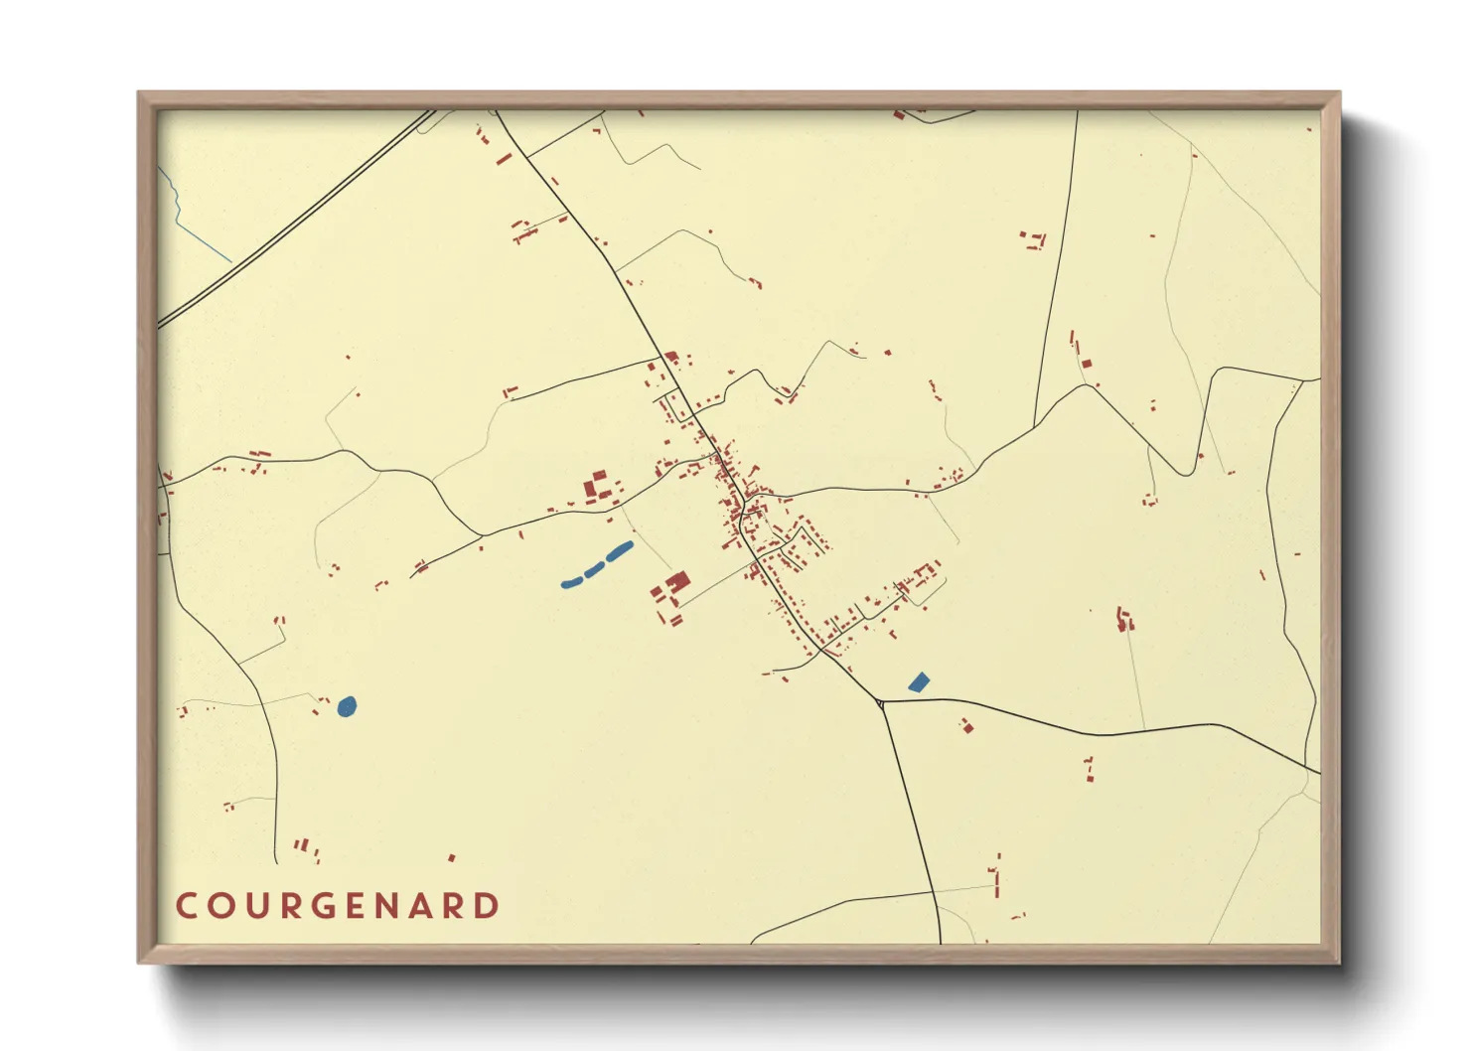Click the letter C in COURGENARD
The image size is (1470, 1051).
coord(186,906)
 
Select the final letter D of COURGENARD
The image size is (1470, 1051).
coord(487,906)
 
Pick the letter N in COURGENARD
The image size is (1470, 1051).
coord(393,906)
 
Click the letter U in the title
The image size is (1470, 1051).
coord(256,906)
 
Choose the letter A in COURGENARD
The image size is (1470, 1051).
coord(424,906)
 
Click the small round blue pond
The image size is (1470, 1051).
coord(347,706)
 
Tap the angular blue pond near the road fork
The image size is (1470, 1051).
coord(919,681)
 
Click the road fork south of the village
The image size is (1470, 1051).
coord(881,702)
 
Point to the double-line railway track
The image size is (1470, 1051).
coord(298,219)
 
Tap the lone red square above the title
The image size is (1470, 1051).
coord(452,856)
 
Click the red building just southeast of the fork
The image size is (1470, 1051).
coord(966,726)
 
